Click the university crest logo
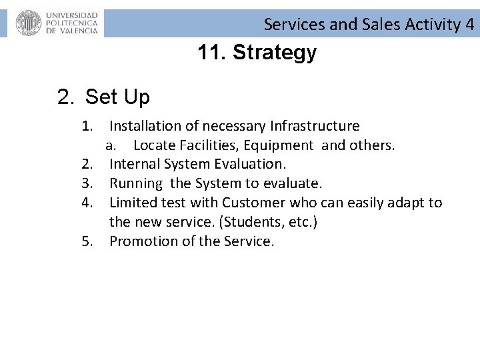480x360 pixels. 29,23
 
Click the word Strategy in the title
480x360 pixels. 275,53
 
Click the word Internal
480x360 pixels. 136,164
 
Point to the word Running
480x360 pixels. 136,183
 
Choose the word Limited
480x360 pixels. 134,203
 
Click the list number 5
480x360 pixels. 87,241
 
